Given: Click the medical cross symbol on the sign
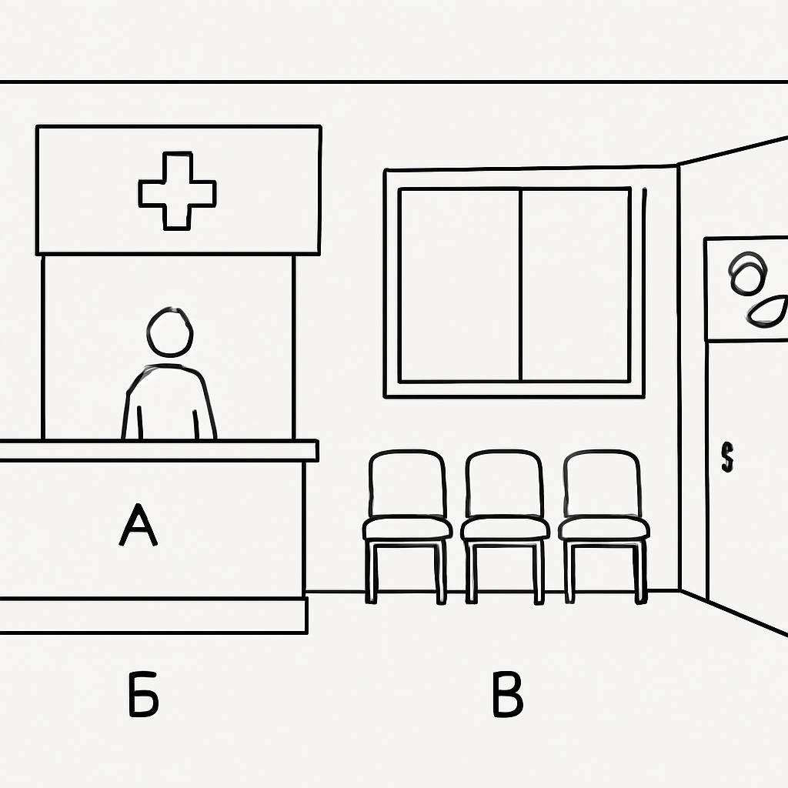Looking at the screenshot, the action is pyautogui.click(x=178, y=191).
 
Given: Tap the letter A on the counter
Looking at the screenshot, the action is pyautogui.click(x=139, y=525).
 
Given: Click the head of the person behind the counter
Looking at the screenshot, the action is pyautogui.click(x=170, y=332).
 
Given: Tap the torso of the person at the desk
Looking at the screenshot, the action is pyautogui.click(x=169, y=402).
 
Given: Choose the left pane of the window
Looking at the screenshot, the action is pyautogui.click(x=460, y=285).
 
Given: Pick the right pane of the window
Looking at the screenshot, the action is pyautogui.click(x=576, y=285).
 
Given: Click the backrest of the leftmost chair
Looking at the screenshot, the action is pyautogui.click(x=407, y=483).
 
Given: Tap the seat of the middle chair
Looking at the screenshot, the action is pyautogui.click(x=505, y=529).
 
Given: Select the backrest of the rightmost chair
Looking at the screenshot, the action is pyautogui.click(x=602, y=483).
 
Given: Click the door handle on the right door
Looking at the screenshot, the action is pyautogui.click(x=727, y=457).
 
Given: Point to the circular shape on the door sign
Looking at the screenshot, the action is pyautogui.click(x=748, y=273).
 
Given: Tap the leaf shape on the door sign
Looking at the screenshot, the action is pyautogui.click(x=766, y=312).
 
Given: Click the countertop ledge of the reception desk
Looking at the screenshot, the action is pyautogui.click(x=159, y=450).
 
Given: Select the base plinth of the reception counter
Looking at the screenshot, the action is pyautogui.click(x=153, y=616).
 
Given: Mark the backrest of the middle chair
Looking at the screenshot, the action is pyautogui.click(x=504, y=483).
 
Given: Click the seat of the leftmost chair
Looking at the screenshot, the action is pyautogui.click(x=408, y=529).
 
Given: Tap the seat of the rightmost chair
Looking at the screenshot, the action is pyautogui.click(x=603, y=529).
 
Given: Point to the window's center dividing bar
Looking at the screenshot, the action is pyautogui.click(x=521, y=285).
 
